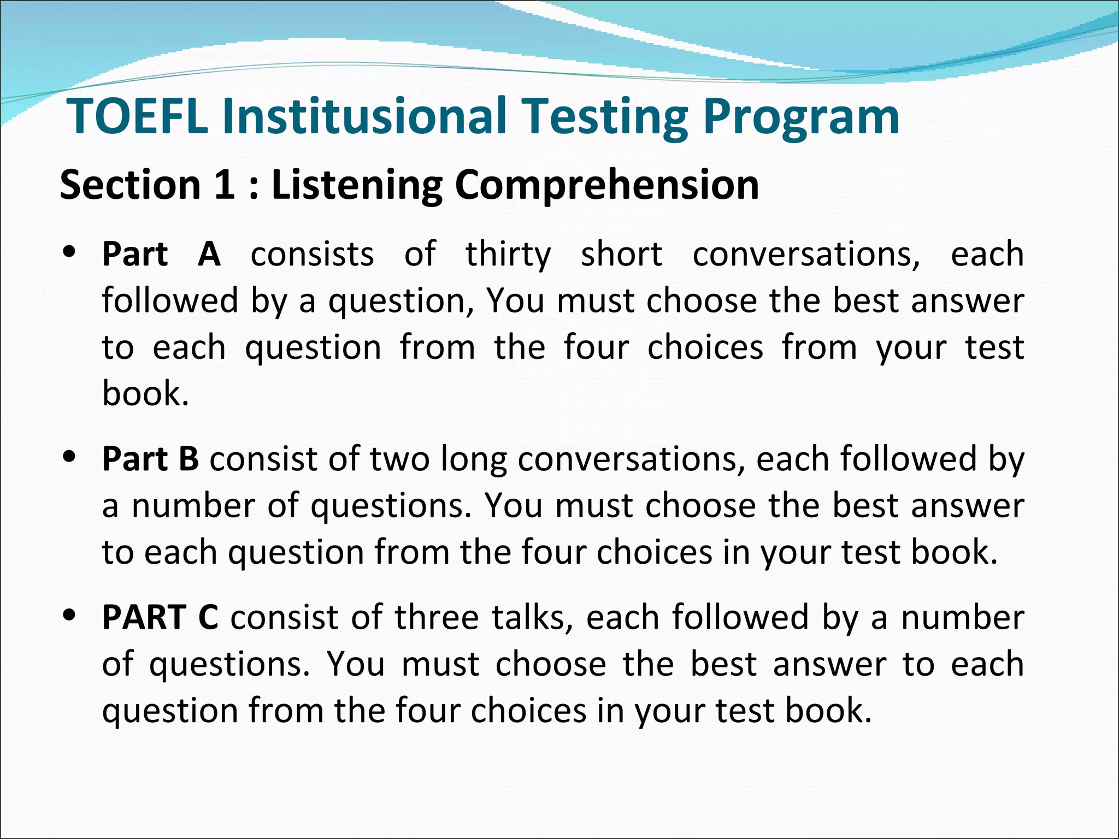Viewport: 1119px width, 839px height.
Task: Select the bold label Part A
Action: tap(162, 255)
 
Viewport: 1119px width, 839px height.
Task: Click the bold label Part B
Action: tap(150, 459)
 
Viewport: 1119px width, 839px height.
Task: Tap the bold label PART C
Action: tap(160, 618)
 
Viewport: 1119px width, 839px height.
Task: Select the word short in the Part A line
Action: tap(621, 255)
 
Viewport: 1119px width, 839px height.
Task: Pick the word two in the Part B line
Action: tap(399, 459)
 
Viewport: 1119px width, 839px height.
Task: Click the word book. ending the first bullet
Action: tap(145, 393)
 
